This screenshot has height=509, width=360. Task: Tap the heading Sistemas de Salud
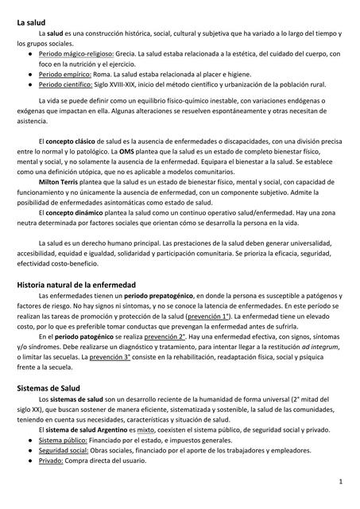point(48,388)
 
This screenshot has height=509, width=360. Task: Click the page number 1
point(339,482)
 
